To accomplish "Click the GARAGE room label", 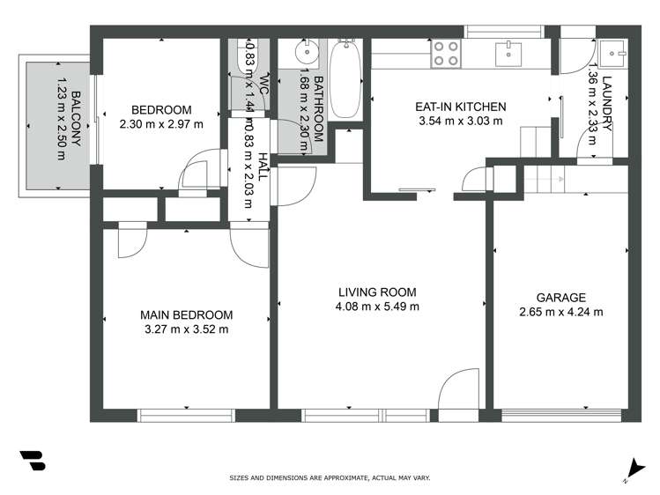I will tap(560, 298).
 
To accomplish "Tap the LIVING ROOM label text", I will tap(376, 292).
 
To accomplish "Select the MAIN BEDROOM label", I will tap(187, 315).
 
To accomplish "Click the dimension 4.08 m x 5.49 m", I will tap(376, 307).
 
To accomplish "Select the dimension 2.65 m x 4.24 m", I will tap(560, 312).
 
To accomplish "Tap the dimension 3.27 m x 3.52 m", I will tap(187, 329).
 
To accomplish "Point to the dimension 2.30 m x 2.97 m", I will tap(161, 124).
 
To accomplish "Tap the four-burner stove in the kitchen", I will tap(446, 55).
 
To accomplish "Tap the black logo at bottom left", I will tap(33, 461).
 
